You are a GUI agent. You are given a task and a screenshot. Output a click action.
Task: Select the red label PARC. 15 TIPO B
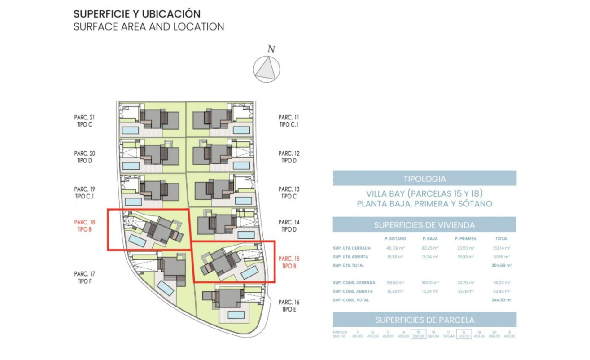[289, 262]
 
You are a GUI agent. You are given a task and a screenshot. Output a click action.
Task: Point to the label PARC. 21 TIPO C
[84, 121]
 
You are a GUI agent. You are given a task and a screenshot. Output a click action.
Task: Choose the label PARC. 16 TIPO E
[289, 306]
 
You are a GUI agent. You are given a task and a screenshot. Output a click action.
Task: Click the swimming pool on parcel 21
[131, 130]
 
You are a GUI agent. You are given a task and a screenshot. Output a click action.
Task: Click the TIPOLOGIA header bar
[424, 179]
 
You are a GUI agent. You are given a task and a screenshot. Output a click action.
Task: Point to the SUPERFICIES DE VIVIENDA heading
[424, 225]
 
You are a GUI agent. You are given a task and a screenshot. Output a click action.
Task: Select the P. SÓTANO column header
[395, 239]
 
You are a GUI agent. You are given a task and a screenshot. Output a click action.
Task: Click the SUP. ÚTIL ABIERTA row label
[350, 257]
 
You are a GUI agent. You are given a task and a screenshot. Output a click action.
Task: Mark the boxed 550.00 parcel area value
[418, 334]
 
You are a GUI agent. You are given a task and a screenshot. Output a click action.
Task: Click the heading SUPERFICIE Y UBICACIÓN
[137, 14]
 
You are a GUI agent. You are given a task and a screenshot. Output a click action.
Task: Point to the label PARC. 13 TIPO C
[289, 193]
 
